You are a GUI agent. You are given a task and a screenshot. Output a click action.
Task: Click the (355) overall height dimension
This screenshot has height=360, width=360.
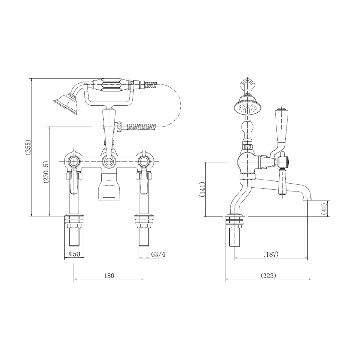click(x=27, y=147)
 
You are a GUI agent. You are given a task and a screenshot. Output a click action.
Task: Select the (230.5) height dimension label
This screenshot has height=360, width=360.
click(x=46, y=171)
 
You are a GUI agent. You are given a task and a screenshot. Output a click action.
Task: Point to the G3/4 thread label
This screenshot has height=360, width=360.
click(x=158, y=254)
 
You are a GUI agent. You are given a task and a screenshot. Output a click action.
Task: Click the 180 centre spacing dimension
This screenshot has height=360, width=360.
click(x=109, y=276)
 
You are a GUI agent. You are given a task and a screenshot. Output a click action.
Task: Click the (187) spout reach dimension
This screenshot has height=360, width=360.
click(x=271, y=254)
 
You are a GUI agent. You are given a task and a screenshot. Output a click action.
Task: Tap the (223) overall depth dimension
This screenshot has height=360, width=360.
click(x=268, y=276)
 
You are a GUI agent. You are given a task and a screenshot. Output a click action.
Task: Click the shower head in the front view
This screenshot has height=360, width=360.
click(x=65, y=102)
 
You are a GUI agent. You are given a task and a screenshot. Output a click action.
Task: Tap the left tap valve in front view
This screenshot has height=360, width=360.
click(x=74, y=160)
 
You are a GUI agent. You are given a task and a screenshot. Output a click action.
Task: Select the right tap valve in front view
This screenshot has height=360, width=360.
click(x=143, y=160)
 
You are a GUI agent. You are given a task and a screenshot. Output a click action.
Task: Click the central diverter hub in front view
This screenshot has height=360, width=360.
click(x=109, y=162)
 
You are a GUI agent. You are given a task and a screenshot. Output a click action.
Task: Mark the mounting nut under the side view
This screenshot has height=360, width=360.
click(x=235, y=223)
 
